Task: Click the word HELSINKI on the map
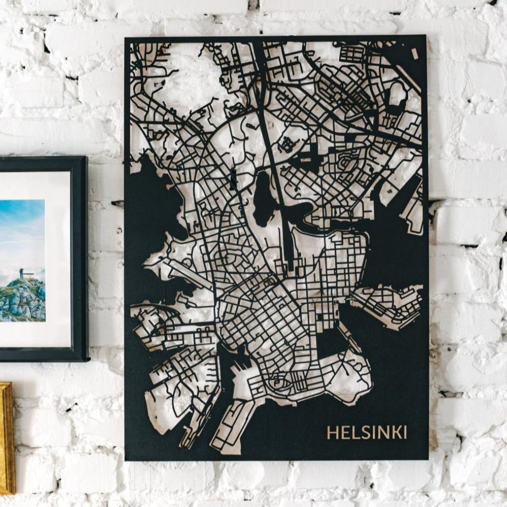(367, 432)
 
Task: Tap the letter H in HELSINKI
(332, 432)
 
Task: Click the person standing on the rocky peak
(21, 273)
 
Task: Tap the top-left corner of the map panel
(126, 38)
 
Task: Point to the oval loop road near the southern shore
(278, 382)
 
